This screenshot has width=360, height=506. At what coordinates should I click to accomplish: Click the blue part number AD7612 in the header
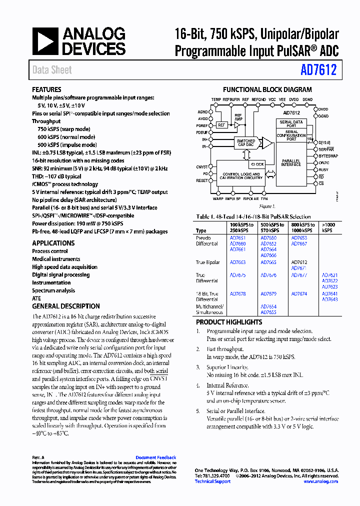tap(318, 70)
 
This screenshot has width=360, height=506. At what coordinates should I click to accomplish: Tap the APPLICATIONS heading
tap(53, 243)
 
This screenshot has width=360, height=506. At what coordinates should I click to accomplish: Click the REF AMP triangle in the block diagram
tap(238, 124)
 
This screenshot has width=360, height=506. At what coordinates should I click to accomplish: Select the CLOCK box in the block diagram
tap(257, 164)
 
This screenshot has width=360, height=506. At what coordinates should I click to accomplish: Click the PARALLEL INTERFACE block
tap(290, 162)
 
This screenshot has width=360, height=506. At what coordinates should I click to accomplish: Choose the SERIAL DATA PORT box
tap(291, 123)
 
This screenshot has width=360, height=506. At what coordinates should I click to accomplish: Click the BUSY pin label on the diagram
tap(323, 170)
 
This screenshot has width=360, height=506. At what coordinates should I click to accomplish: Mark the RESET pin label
tap(202, 180)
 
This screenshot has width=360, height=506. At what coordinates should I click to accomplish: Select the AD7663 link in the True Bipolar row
tap(237, 262)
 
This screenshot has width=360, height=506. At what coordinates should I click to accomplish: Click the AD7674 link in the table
tap(299, 294)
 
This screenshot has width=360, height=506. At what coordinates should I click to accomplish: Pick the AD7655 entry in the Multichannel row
tap(268, 312)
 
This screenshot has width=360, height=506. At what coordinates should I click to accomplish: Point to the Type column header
tap(201, 231)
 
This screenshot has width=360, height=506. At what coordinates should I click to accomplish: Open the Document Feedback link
tap(155, 457)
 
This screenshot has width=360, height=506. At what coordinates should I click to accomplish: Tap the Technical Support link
tap(212, 481)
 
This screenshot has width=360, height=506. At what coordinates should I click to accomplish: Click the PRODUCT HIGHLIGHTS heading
tap(228, 322)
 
